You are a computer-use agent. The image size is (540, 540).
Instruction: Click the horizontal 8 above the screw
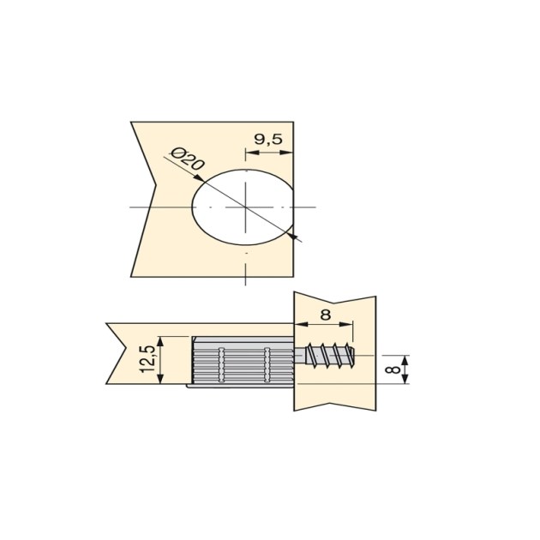[324, 314]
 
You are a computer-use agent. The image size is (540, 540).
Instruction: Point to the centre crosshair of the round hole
[245, 207]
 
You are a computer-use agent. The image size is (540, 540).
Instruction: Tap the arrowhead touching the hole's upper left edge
[198, 181]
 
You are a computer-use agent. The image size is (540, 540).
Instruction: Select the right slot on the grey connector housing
[267, 362]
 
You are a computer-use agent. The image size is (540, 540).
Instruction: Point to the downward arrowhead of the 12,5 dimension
[163, 381]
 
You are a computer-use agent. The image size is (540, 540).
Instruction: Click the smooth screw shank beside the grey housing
[299, 356]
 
